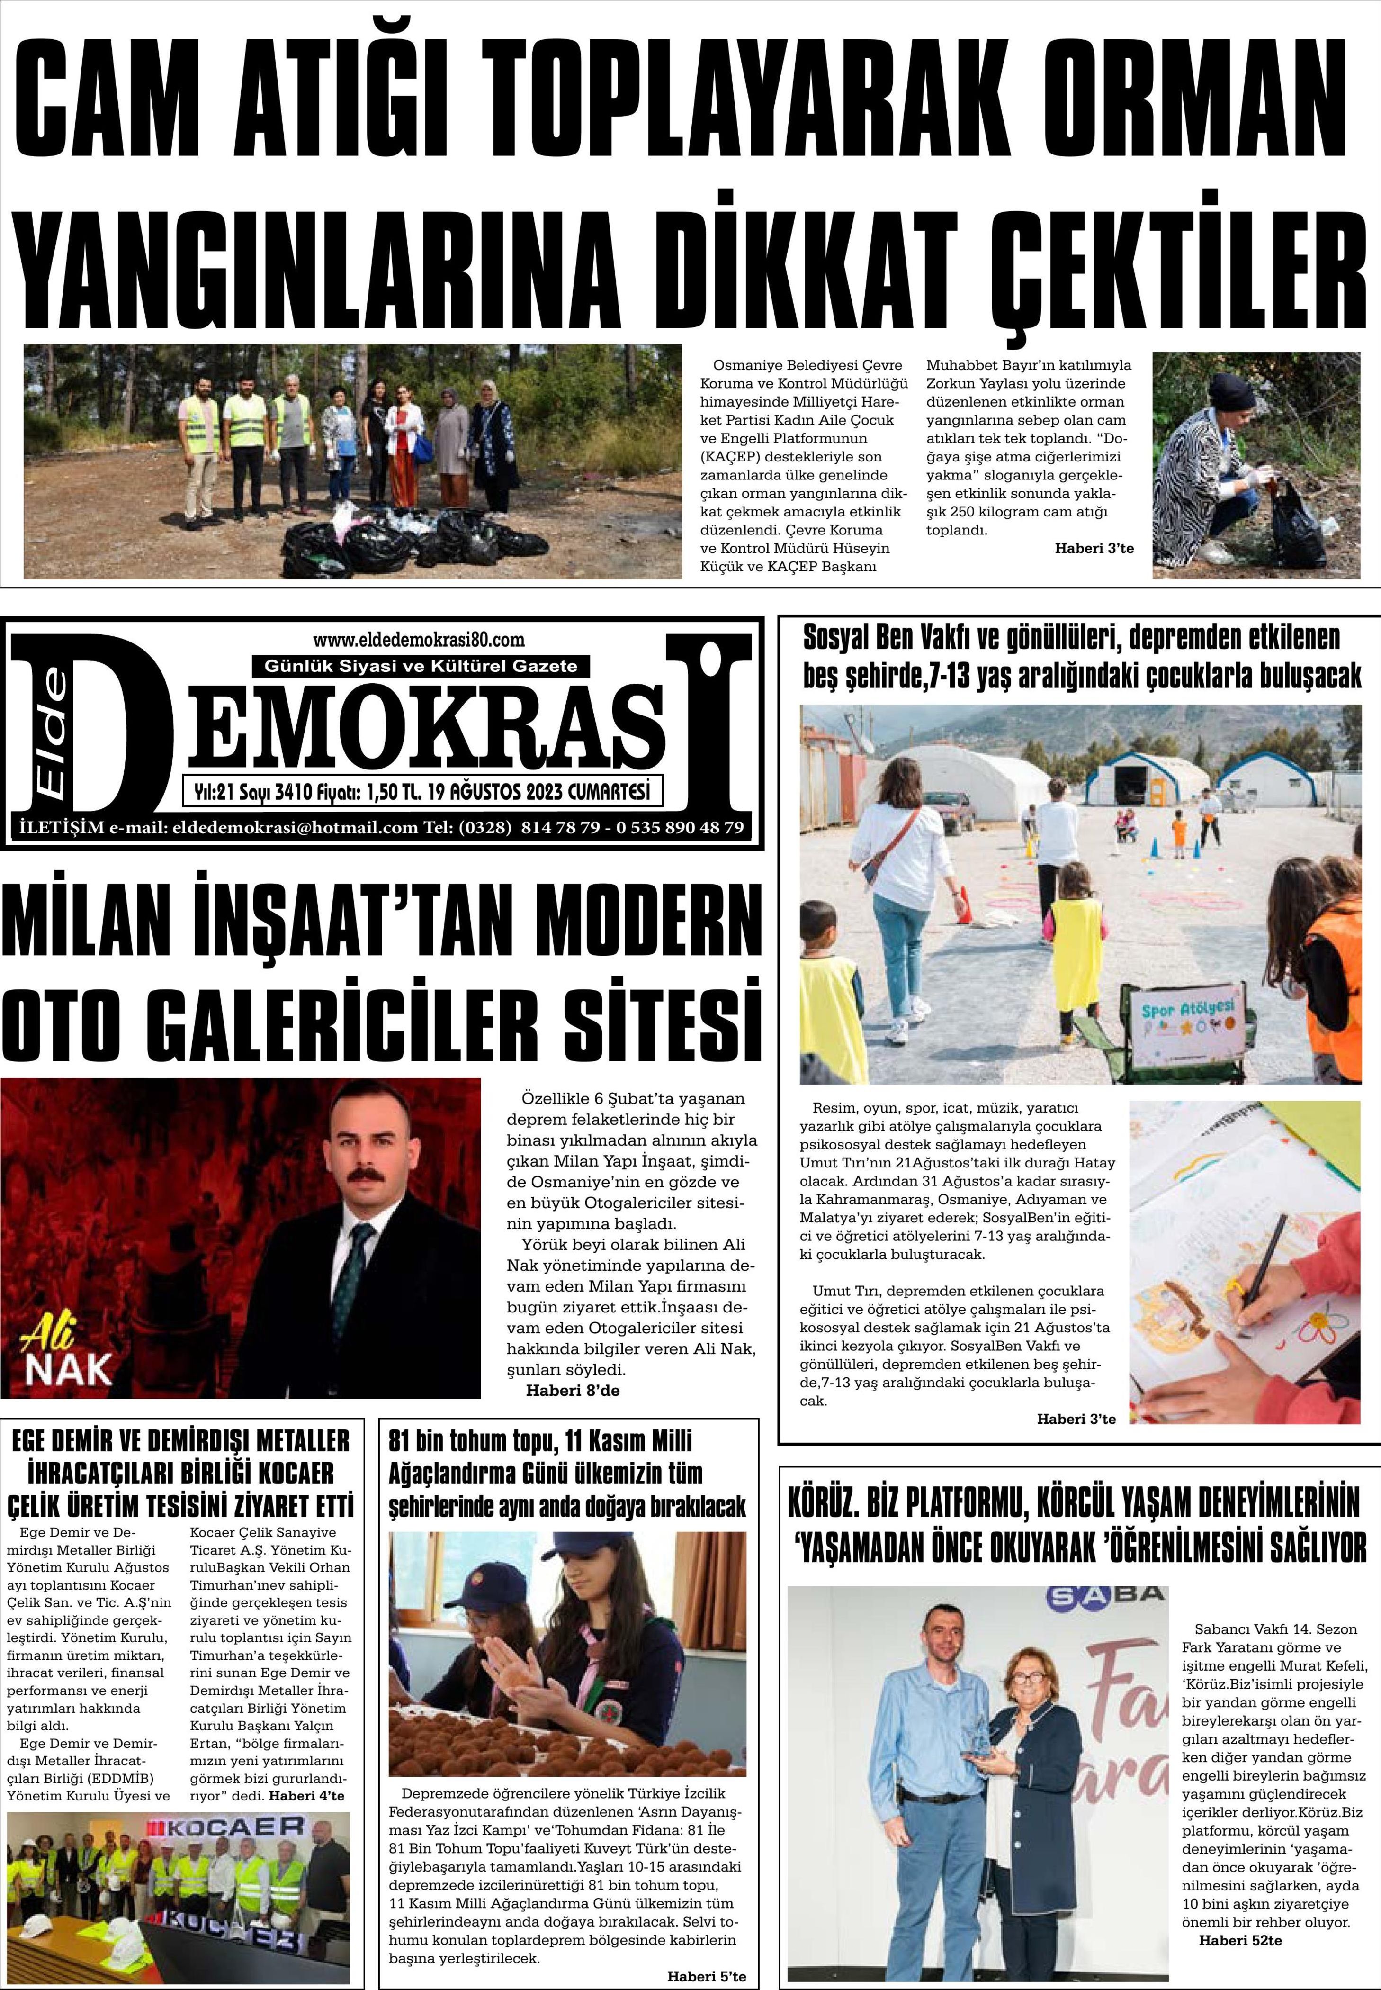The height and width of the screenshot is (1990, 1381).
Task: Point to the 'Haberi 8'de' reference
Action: [x=573, y=1391]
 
